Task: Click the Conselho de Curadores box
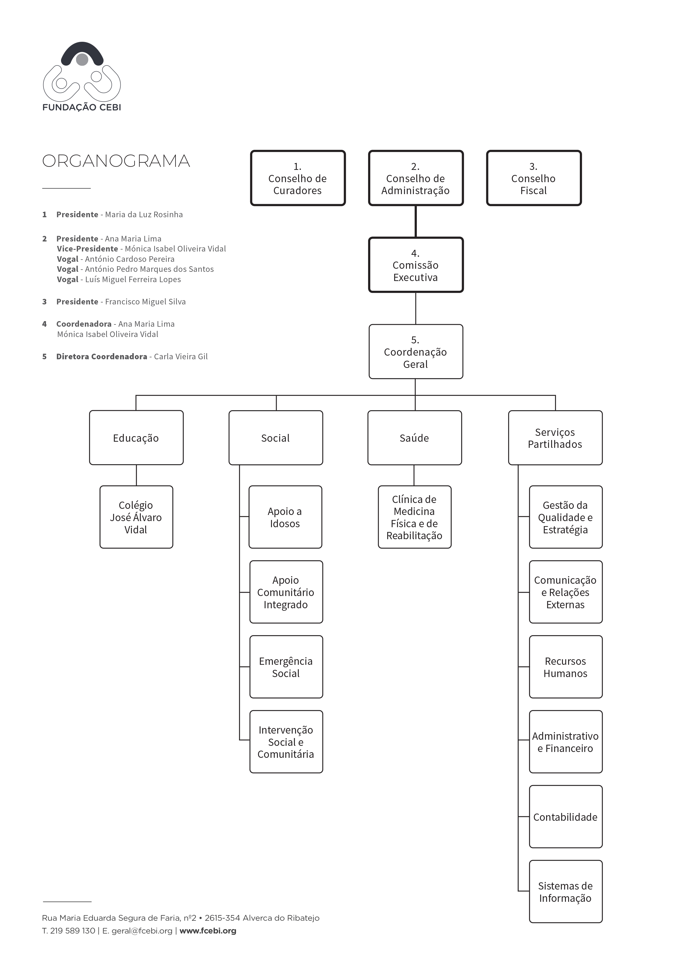click(298, 178)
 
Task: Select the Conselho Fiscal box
click(534, 178)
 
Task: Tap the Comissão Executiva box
click(415, 265)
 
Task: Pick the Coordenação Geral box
click(415, 351)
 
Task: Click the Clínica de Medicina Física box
click(414, 517)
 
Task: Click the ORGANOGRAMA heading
click(116, 161)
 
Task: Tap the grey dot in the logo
click(82, 60)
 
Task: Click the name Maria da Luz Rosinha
click(144, 214)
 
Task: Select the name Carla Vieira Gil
click(181, 356)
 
